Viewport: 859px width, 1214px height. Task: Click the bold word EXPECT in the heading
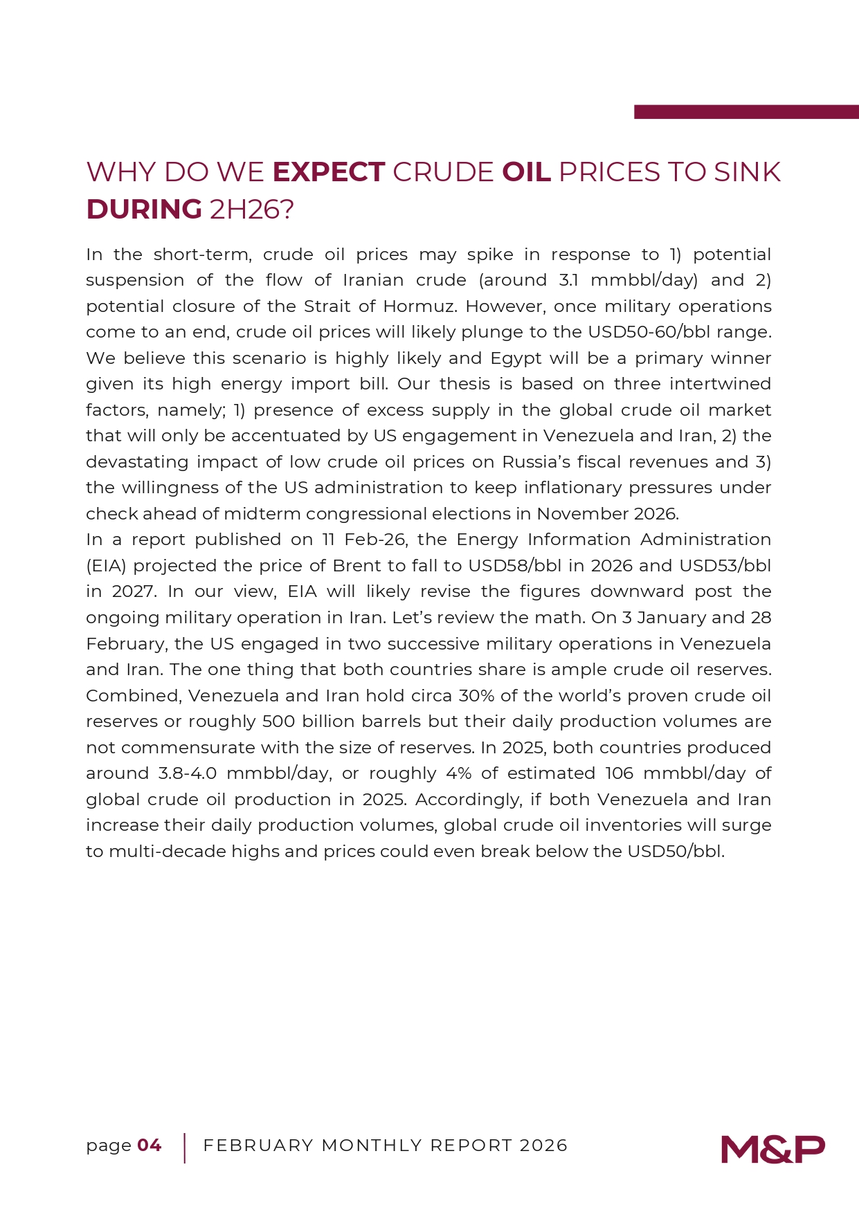coord(329,172)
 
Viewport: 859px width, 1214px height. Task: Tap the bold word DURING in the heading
coord(144,210)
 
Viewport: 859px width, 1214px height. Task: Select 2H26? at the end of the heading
coord(252,210)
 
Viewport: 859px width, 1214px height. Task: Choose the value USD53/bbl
coord(725,566)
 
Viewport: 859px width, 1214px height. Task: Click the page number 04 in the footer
coord(150,1146)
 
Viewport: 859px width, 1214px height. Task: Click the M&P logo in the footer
coord(772,1149)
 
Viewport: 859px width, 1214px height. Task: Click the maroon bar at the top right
coord(746,112)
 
